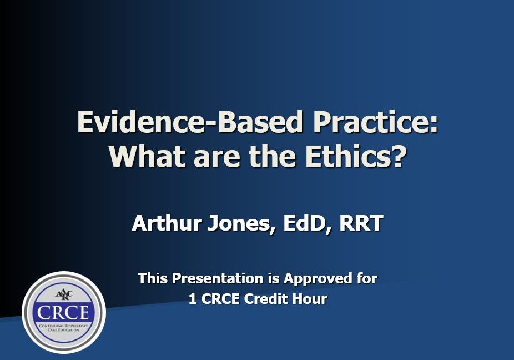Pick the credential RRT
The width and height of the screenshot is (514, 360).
point(361,224)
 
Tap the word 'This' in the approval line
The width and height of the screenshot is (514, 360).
point(153,278)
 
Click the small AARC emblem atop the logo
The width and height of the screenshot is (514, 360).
point(63,295)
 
